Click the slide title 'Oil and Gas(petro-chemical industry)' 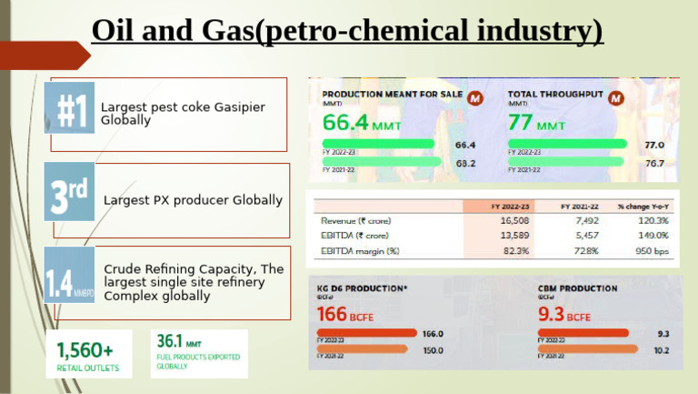[x=347, y=32]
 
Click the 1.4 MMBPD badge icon [x=70, y=276]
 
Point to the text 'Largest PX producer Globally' [x=193, y=199]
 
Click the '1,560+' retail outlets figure [x=85, y=349]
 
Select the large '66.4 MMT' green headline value [x=361, y=123]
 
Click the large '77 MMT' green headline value [x=536, y=123]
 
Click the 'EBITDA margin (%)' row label [x=360, y=250]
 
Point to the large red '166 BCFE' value [x=350, y=315]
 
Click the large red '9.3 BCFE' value [x=565, y=315]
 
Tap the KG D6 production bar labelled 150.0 [x=364, y=349]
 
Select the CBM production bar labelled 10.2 [x=583, y=349]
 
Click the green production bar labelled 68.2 [x=383, y=162]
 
